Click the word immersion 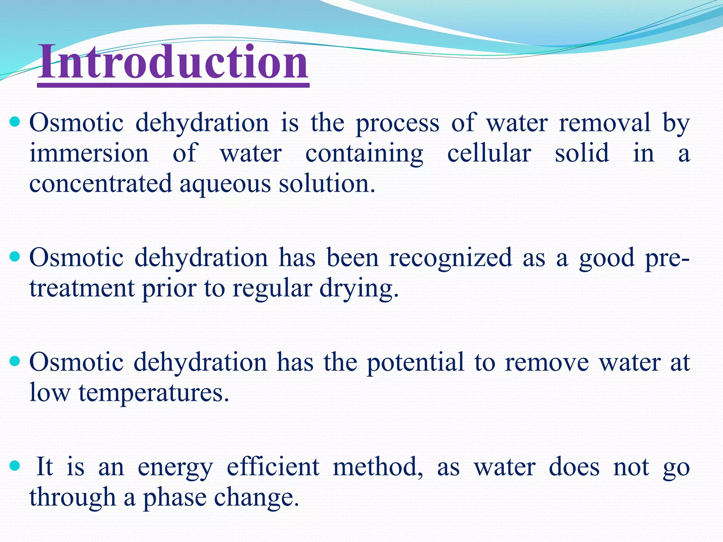pos(89,153)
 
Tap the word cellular pos(489,153)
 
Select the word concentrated pos(100,184)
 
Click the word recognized pos(450,258)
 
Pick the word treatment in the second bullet pos(82,289)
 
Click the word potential pos(415,363)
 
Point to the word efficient pos(273,467)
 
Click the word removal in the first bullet pos(604,123)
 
